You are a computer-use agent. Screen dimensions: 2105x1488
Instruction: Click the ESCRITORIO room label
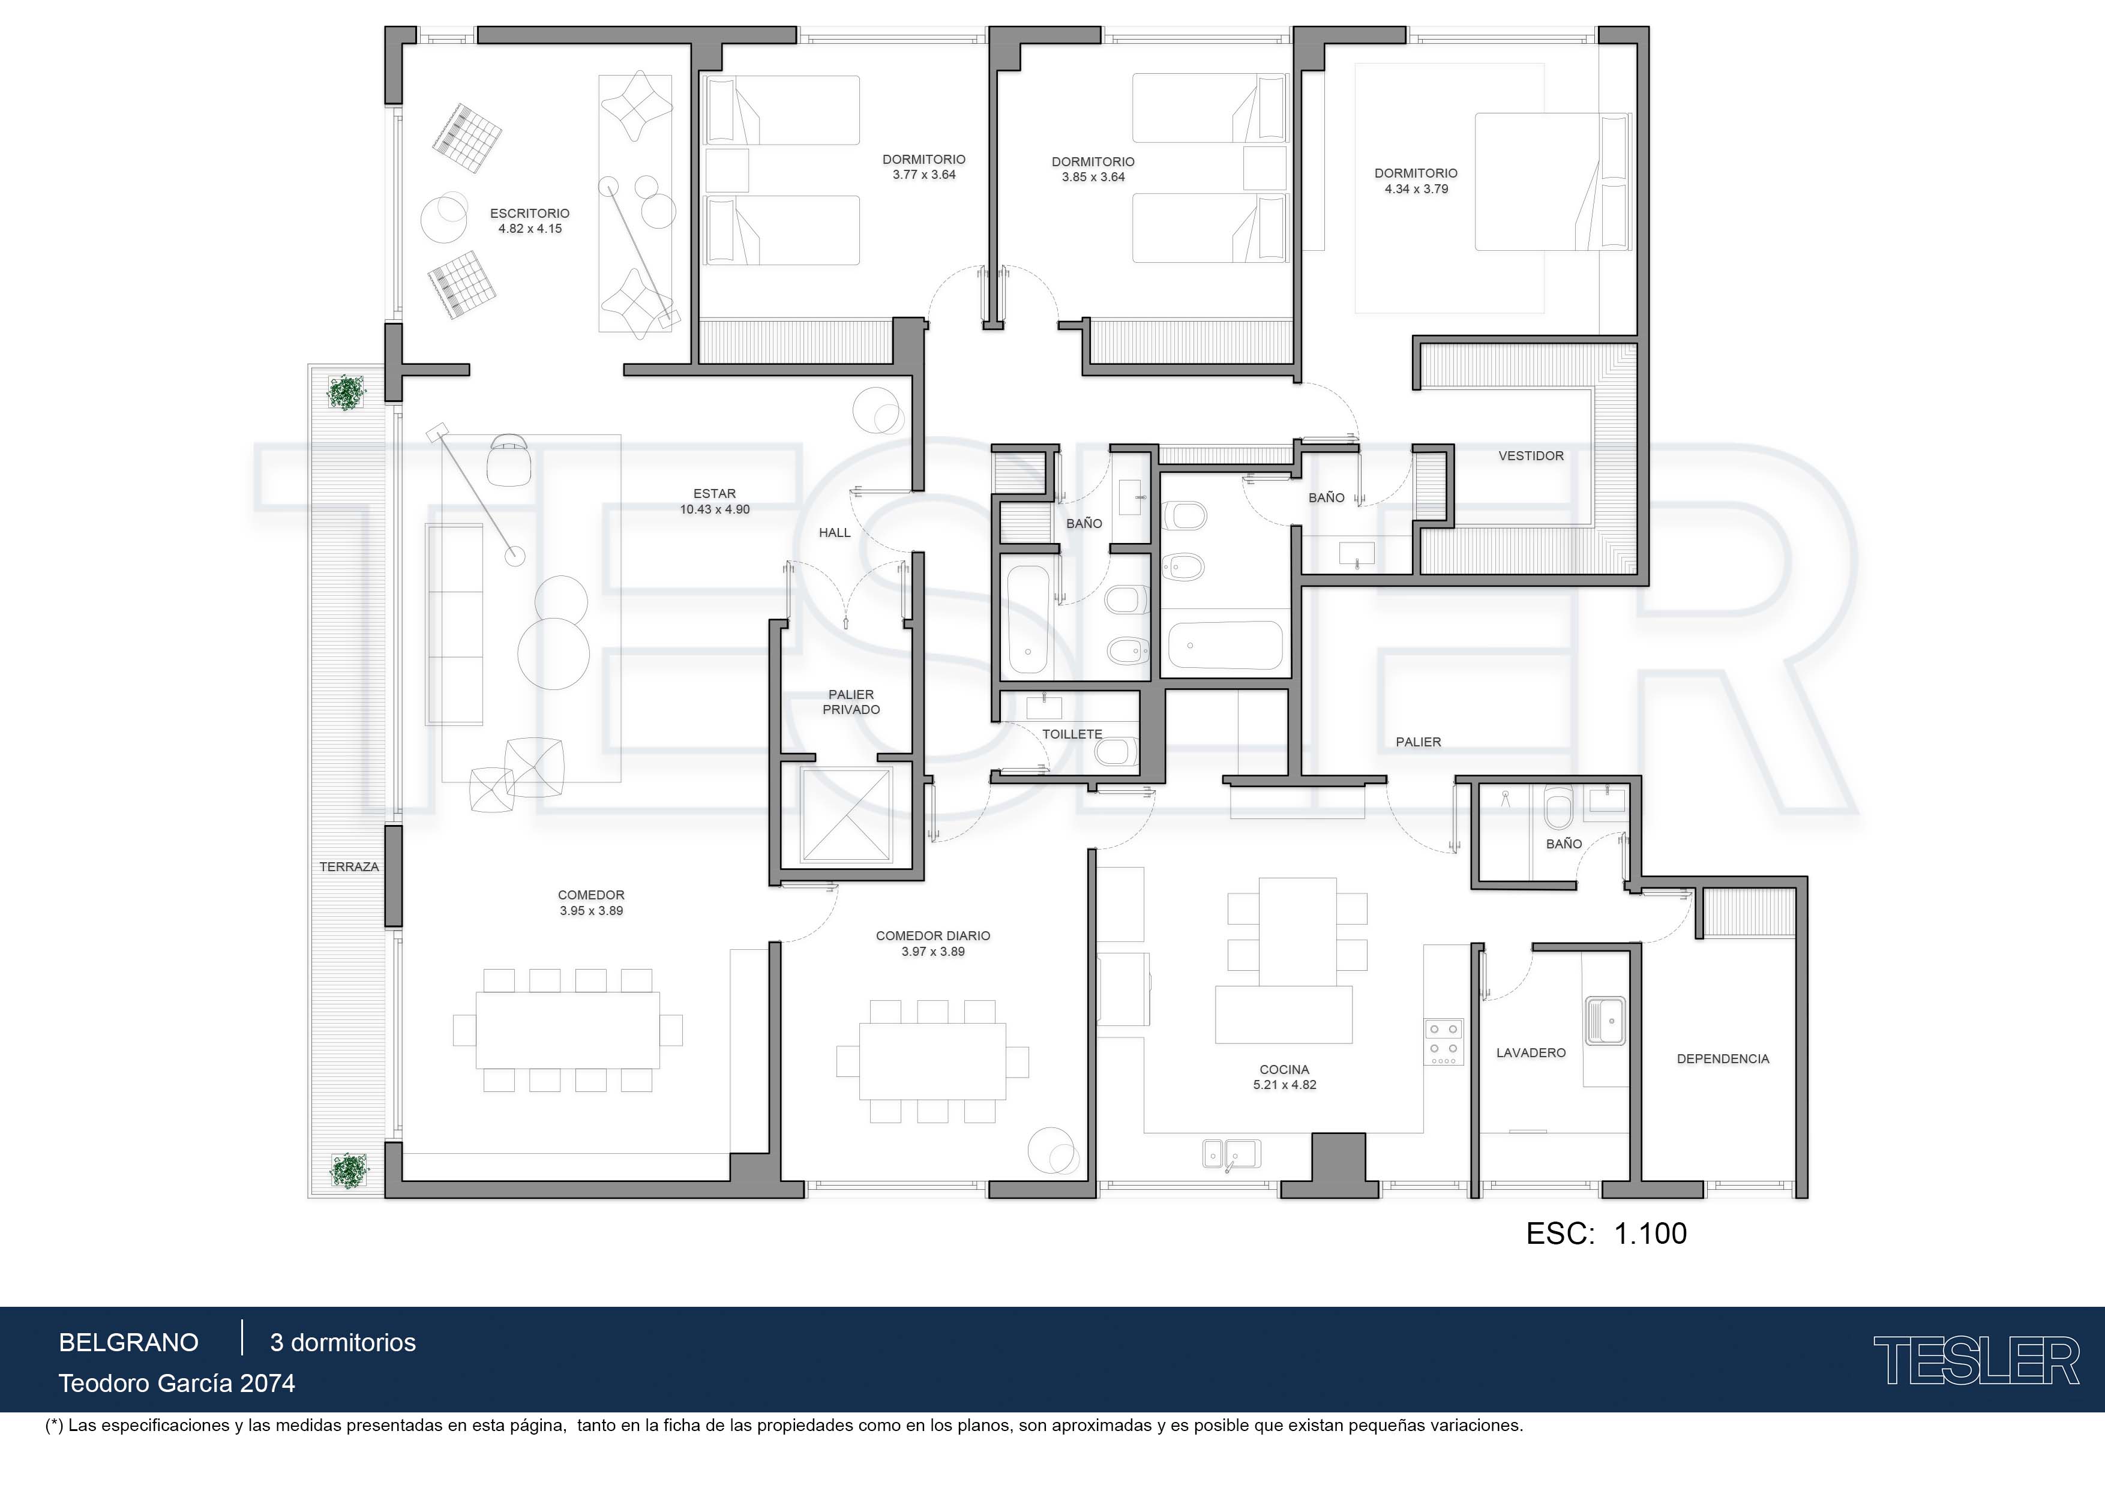pos(529,214)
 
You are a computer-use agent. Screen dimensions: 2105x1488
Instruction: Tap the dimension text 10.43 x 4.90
pos(714,510)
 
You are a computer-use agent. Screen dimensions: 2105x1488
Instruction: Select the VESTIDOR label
pos(1531,455)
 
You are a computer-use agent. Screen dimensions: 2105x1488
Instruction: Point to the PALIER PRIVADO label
pos(851,702)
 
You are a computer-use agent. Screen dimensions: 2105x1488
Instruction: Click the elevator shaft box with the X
pos(845,815)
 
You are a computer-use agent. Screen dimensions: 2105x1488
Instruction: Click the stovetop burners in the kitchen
pos(1443,1042)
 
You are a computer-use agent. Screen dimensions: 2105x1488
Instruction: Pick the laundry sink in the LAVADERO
pos(1605,1021)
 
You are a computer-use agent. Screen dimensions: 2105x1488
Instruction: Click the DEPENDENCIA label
pos(1723,1059)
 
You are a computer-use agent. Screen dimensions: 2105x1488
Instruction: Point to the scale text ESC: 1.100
pos(1606,1234)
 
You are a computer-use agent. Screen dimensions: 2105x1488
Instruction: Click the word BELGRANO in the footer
pos(128,1343)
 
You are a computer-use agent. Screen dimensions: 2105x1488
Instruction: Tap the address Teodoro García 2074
pos(177,1384)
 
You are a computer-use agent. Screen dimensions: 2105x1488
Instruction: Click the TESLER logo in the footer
pos(1976,1361)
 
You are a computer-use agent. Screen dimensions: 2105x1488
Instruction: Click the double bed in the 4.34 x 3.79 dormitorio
pos(1553,182)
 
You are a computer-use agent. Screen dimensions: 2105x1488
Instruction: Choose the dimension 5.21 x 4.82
pos(1285,1085)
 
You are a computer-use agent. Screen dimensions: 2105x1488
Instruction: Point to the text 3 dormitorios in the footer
pos(343,1343)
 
